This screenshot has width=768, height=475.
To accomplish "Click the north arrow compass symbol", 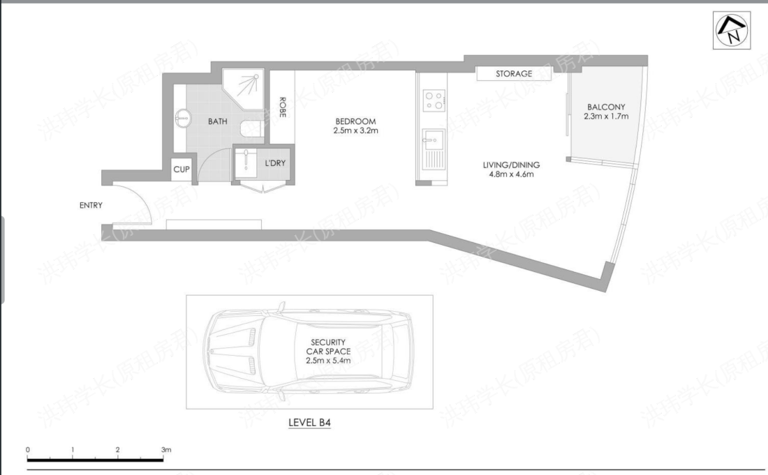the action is pos(732,30).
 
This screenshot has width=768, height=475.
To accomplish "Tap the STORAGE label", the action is pos(514,74).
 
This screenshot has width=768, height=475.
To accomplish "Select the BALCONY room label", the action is pos(606,107).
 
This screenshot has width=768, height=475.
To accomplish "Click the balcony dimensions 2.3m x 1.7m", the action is pos(606,116).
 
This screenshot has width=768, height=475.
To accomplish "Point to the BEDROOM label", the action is pos(355,121).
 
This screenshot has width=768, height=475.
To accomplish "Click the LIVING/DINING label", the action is pos(511,165).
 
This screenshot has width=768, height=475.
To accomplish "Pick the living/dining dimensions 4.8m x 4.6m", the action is pos(511,174).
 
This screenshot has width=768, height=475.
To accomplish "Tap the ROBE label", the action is pos(283,107).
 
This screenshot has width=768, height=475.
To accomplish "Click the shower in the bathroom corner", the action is pos(244,89).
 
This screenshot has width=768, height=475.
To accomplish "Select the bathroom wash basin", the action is pos(183,119).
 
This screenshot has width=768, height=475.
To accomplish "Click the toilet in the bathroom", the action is pos(252,128).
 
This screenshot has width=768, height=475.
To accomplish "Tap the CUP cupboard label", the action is pos(182,169).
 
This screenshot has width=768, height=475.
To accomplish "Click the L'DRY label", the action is pos(275,163).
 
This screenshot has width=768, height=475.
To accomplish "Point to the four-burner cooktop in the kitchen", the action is pos(434,100).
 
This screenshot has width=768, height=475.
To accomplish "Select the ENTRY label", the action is pos(91,206).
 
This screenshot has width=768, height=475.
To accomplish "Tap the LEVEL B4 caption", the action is pos(309,423).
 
